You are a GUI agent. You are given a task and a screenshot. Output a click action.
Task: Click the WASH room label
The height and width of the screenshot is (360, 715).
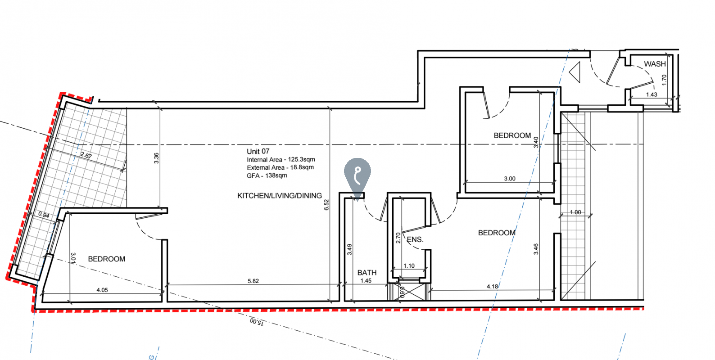[655, 64]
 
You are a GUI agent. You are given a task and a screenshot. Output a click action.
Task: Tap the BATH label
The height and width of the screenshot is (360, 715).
[367, 273]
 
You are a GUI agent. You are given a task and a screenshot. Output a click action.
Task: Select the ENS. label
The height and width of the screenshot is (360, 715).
[415, 239]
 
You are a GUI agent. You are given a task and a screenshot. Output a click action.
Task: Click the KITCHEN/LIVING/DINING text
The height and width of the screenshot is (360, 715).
[279, 196]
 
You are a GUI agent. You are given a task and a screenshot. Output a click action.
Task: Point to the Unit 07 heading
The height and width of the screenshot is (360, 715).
[258, 151]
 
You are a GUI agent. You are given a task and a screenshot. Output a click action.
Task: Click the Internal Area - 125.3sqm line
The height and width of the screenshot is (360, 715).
[281, 159]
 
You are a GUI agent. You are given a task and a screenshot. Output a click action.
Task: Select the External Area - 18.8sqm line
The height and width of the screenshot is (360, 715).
[280, 167]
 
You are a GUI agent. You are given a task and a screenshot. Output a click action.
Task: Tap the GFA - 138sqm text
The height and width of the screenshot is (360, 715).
[267, 175]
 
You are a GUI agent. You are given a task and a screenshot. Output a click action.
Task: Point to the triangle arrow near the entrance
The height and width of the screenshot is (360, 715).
[575, 72]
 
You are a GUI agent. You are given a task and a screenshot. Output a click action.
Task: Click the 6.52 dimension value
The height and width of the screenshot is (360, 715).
[326, 205]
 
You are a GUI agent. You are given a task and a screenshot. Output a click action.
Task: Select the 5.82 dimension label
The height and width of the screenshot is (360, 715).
[253, 281]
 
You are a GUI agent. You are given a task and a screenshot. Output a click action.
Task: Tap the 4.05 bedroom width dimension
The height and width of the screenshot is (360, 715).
[102, 290]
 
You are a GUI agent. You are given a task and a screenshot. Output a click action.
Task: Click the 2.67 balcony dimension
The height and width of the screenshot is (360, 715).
[86, 155]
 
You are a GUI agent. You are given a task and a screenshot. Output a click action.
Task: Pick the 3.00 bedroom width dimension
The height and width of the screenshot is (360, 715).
[509, 178]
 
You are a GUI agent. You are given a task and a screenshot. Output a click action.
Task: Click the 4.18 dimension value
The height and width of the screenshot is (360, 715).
[492, 286]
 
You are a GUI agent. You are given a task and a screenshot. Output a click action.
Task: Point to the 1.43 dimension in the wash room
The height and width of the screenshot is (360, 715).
[652, 94]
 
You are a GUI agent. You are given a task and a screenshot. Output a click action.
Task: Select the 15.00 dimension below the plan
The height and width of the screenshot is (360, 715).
[257, 321]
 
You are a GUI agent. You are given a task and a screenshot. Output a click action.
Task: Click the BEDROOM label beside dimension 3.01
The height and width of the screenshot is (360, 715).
[106, 259]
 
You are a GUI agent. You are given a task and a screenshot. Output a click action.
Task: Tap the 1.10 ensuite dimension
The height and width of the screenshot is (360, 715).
[409, 265]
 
